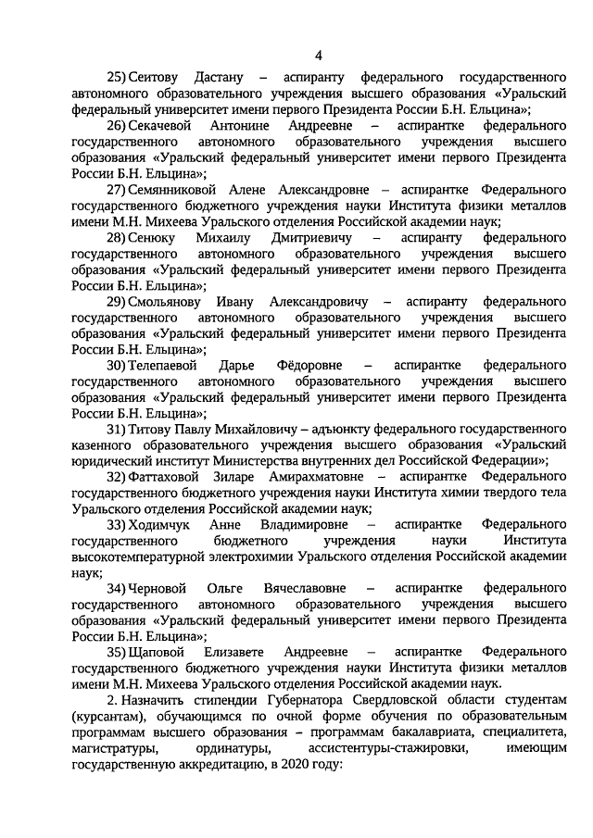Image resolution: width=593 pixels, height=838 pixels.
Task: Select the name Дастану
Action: click(x=221, y=76)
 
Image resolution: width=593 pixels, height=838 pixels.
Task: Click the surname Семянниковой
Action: click(x=175, y=189)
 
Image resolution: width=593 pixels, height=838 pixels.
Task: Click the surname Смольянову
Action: click(x=169, y=302)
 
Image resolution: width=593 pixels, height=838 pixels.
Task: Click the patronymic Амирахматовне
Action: click(x=306, y=478)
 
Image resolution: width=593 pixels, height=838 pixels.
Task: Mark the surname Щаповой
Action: click(x=159, y=654)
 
